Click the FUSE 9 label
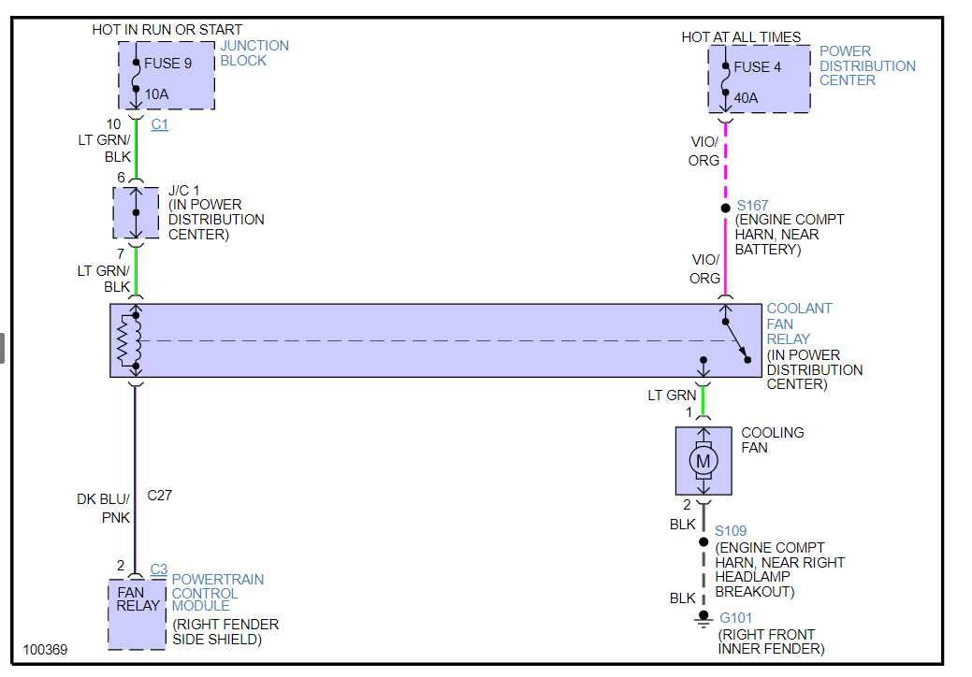coord(168,65)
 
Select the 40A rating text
coord(747,97)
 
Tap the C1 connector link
coord(160,124)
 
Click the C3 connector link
coord(159,569)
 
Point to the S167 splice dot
coord(725,208)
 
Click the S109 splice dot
coord(704,541)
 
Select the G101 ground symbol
coord(703,618)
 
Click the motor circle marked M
coord(704,460)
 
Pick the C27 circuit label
coord(160,495)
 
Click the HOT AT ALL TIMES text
coord(741,37)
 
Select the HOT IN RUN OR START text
coord(167,30)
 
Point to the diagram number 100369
coord(46,649)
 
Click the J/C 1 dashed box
coord(136,212)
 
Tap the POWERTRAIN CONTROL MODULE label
coord(217,593)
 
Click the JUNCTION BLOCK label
coord(254,53)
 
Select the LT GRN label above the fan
coord(672,396)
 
